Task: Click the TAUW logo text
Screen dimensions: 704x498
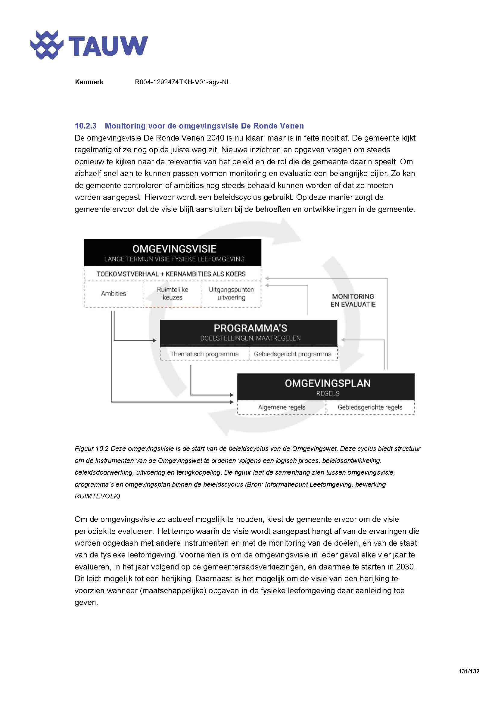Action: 107,46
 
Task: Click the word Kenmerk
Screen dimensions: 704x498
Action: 89,82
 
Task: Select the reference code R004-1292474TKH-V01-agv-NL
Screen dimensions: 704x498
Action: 182,82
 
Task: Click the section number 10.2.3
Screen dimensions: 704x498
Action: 86,126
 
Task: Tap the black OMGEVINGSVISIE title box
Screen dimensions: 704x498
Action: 173,253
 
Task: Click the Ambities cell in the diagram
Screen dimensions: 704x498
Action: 114,294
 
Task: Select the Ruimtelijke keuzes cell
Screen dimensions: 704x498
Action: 172,294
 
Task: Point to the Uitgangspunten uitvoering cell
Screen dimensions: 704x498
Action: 231,294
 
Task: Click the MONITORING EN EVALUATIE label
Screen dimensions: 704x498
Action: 353,300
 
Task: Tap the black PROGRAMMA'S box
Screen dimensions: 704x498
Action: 249,332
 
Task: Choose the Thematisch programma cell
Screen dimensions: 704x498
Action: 204,354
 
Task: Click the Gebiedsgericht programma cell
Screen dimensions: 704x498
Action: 293,354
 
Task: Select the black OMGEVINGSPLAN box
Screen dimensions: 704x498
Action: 326,387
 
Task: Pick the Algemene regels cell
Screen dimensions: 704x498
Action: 282,408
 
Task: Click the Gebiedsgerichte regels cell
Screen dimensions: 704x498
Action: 370,408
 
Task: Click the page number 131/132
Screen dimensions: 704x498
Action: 469,671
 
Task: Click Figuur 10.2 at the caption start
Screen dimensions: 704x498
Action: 92,449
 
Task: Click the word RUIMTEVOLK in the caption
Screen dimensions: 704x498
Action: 97,496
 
